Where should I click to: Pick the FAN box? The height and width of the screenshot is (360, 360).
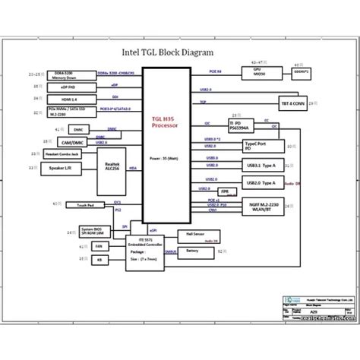[x=78, y=247]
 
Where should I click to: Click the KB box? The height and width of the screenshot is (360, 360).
[x=78, y=260]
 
